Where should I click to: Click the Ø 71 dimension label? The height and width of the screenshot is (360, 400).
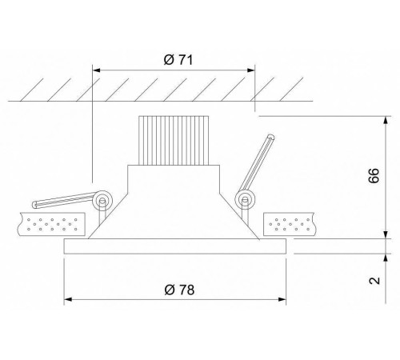[178, 60]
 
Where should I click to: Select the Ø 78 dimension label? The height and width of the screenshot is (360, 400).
[179, 290]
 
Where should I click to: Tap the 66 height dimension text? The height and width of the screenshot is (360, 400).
[374, 175]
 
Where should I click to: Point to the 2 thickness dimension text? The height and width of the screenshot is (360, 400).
[374, 281]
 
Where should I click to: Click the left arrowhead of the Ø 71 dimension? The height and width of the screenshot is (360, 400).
[96, 70]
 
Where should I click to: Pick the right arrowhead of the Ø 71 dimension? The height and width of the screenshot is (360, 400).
[251, 70]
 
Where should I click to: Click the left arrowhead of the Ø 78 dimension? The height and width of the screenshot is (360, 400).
[68, 299]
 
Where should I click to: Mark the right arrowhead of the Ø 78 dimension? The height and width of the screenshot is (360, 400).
[282, 299]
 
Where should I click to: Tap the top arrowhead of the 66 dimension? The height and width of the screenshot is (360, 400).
[386, 120]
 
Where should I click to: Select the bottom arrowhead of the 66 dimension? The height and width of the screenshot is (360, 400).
[386, 234]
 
